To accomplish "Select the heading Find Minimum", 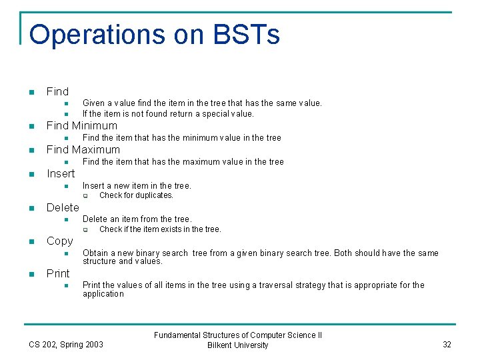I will tap(81, 125).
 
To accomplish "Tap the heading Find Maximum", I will tap(83, 149).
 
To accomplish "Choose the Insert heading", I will tap(61, 173).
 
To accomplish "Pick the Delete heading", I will tap(63, 207).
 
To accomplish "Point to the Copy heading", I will tap(59, 241).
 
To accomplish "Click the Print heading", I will tap(58, 273).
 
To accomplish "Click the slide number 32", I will tap(447, 344).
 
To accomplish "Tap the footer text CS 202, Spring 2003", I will tap(66, 344).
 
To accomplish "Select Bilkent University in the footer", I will tap(238, 345).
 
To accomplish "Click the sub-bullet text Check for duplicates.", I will tap(136, 195).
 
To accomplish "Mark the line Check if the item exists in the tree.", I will tap(160, 229).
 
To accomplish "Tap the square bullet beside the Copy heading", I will tap(31, 241).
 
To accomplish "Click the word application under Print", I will tap(103, 293).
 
